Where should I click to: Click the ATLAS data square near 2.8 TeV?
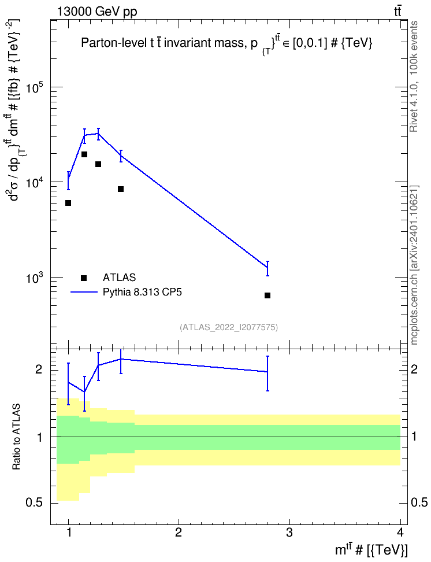267,295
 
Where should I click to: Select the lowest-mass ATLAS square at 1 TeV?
68,203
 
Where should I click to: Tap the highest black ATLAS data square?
84,154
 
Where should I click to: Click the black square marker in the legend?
84,278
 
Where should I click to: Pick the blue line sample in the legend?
84,292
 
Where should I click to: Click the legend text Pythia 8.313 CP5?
142,292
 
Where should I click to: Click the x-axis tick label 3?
289,533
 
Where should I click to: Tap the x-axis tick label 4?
400,533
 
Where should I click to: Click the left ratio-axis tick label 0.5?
35,503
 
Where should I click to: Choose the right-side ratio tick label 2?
414,369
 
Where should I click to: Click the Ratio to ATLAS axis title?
16,437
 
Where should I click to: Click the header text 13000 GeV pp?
97,12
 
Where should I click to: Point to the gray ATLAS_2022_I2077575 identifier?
229,327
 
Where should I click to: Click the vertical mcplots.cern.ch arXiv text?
414,265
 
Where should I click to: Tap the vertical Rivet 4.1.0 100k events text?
414,77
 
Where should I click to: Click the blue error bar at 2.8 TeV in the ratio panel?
267,373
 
